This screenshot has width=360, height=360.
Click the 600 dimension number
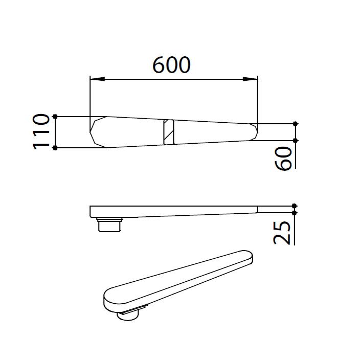pos(172,65)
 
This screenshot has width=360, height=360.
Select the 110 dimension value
pos(41,131)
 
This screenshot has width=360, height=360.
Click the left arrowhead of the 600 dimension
pos(95,79)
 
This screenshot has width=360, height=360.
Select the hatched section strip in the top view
pos(169,131)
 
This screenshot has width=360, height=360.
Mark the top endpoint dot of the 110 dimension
pos(55,116)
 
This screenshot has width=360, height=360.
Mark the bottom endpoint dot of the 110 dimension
pos(55,148)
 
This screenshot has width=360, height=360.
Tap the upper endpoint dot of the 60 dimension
pos(295,124)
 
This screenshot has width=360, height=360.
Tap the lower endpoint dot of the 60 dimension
pos(295,140)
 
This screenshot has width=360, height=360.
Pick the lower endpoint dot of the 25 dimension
pos(295,212)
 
